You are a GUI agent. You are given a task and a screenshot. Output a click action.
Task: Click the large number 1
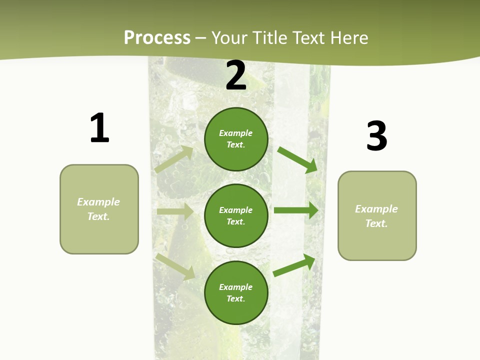[99, 128]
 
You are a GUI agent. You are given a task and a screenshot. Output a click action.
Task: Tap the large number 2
[236, 76]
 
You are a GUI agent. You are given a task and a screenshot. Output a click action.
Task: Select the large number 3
[376, 136]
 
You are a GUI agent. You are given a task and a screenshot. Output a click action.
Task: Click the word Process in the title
[157, 38]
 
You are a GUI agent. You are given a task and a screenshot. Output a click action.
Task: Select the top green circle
[236, 139]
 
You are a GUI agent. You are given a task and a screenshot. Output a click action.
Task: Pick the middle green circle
[236, 215]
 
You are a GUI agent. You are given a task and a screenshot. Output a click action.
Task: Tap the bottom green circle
[236, 292]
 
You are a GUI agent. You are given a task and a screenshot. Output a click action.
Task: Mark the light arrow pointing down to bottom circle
[175, 266]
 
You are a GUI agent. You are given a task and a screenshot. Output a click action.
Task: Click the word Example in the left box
[98, 202]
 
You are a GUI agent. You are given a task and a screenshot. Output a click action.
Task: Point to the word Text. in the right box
[376, 223]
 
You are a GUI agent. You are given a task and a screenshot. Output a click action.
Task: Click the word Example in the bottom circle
[235, 287]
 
